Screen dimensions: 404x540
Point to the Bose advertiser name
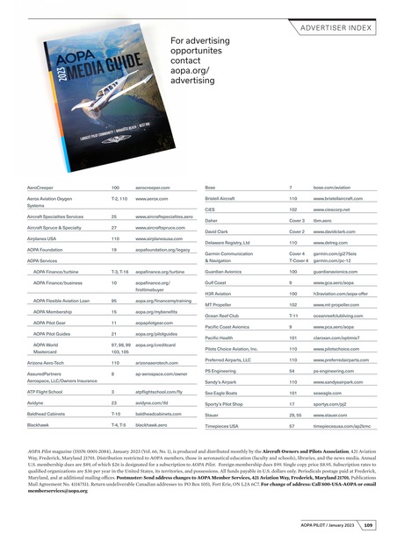point(210,188)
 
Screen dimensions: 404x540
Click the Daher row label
point(213,224)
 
